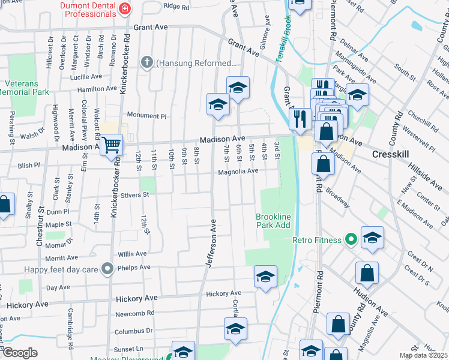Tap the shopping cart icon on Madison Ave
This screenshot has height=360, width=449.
111,145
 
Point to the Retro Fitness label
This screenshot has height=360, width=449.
316,240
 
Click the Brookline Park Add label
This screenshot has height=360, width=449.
273,221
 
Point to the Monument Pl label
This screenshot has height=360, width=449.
142,115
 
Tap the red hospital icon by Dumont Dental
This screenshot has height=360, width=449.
124,8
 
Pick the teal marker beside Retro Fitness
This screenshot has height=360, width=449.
351,240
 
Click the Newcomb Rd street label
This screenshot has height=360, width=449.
134,313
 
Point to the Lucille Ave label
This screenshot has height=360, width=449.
86,77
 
